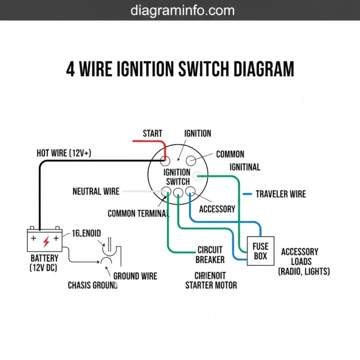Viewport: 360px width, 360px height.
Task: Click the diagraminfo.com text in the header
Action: coord(182,10)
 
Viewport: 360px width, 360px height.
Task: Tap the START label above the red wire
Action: coord(152,134)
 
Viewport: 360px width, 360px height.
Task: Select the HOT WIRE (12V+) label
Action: coord(64,153)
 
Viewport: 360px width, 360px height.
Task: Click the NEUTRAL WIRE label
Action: coord(96,191)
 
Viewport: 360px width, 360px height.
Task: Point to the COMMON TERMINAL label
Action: coord(138,214)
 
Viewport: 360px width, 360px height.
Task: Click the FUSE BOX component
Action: coord(260,251)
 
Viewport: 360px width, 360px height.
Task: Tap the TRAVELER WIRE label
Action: coord(280,194)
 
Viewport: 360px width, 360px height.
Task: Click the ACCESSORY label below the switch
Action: coord(217,209)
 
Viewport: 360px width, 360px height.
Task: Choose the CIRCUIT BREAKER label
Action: coord(210,255)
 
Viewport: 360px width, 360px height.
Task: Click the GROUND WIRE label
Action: coord(135,276)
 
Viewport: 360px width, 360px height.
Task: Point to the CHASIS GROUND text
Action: coord(93,285)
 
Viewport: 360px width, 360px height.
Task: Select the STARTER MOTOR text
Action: coord(211,285)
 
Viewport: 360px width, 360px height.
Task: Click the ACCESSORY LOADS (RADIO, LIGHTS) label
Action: coord(304,262)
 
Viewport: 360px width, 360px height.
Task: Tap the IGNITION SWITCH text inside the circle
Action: coord(177,177)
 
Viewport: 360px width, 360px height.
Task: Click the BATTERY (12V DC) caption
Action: coord(45,263)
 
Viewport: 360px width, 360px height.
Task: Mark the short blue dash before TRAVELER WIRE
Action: coord(247,194)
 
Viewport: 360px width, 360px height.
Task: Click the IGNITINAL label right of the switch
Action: coord(245,167)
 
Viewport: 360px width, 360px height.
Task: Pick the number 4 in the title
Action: coord(70,69)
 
